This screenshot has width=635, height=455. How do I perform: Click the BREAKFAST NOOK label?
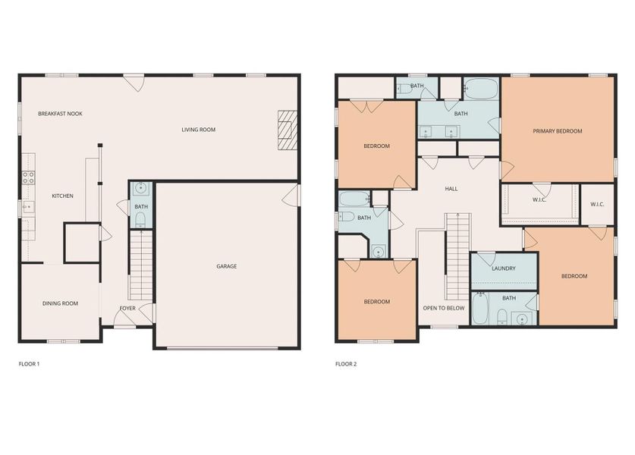[x=60, y=114]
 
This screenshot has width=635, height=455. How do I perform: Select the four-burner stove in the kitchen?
[x=28, y=178]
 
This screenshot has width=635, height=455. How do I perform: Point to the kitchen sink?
[x=27, y=207]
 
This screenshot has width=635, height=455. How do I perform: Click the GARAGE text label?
[x=226, y=266]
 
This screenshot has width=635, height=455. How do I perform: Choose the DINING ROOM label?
[x=60, y=303]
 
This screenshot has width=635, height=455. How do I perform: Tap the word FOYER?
[x=127, y=308]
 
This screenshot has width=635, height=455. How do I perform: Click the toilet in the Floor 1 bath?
[x=140, y=220]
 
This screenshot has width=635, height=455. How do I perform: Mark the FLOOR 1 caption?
[x=29, y=364]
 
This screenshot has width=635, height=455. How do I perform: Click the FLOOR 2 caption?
[x=346, y=364]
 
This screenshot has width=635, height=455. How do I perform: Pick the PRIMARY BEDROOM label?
[x=557, y=131]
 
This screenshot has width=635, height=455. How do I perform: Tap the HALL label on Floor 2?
[x=451, y=189]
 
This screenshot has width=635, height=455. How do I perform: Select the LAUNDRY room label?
[x=503, y=268]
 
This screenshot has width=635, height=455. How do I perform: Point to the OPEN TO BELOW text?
[x=444, y=308]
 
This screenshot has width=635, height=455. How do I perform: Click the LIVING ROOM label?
[x=198, y=130]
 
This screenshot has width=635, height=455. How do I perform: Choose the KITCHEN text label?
[x=62, y=196]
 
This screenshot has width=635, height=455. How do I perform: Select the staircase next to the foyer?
[x=141, y=265]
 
